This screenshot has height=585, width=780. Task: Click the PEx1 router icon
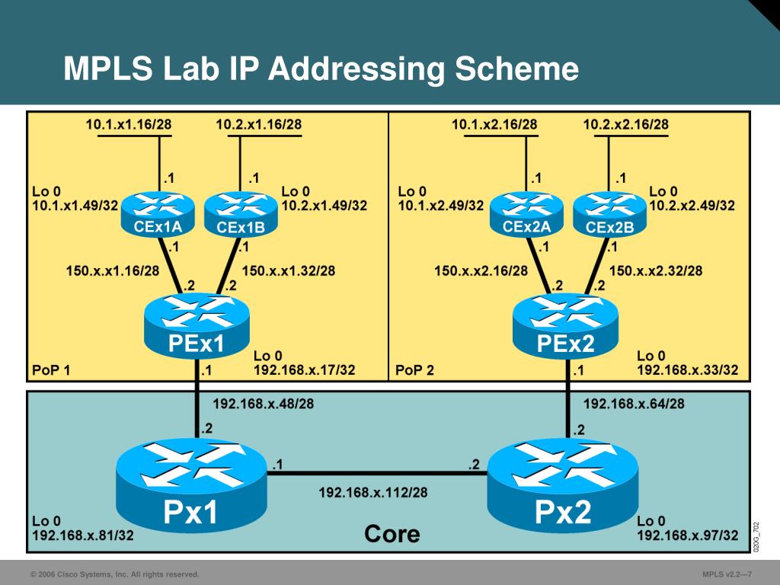click(197, 327)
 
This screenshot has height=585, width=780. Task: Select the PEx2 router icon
click(565, 327)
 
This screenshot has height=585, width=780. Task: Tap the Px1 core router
click(192, 487)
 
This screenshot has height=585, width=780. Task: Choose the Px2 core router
click(563, 487)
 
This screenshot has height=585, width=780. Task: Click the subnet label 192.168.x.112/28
click(372, 493)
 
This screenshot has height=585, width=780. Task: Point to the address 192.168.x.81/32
click(83, 535)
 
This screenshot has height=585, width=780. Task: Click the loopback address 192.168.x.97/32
click(687, 535)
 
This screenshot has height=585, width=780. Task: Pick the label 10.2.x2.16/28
click(626, 124)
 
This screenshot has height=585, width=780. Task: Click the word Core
click(392, 533)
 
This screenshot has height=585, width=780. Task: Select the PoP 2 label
click(415, 371)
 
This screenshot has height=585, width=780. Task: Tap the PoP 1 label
click(51, 371)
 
